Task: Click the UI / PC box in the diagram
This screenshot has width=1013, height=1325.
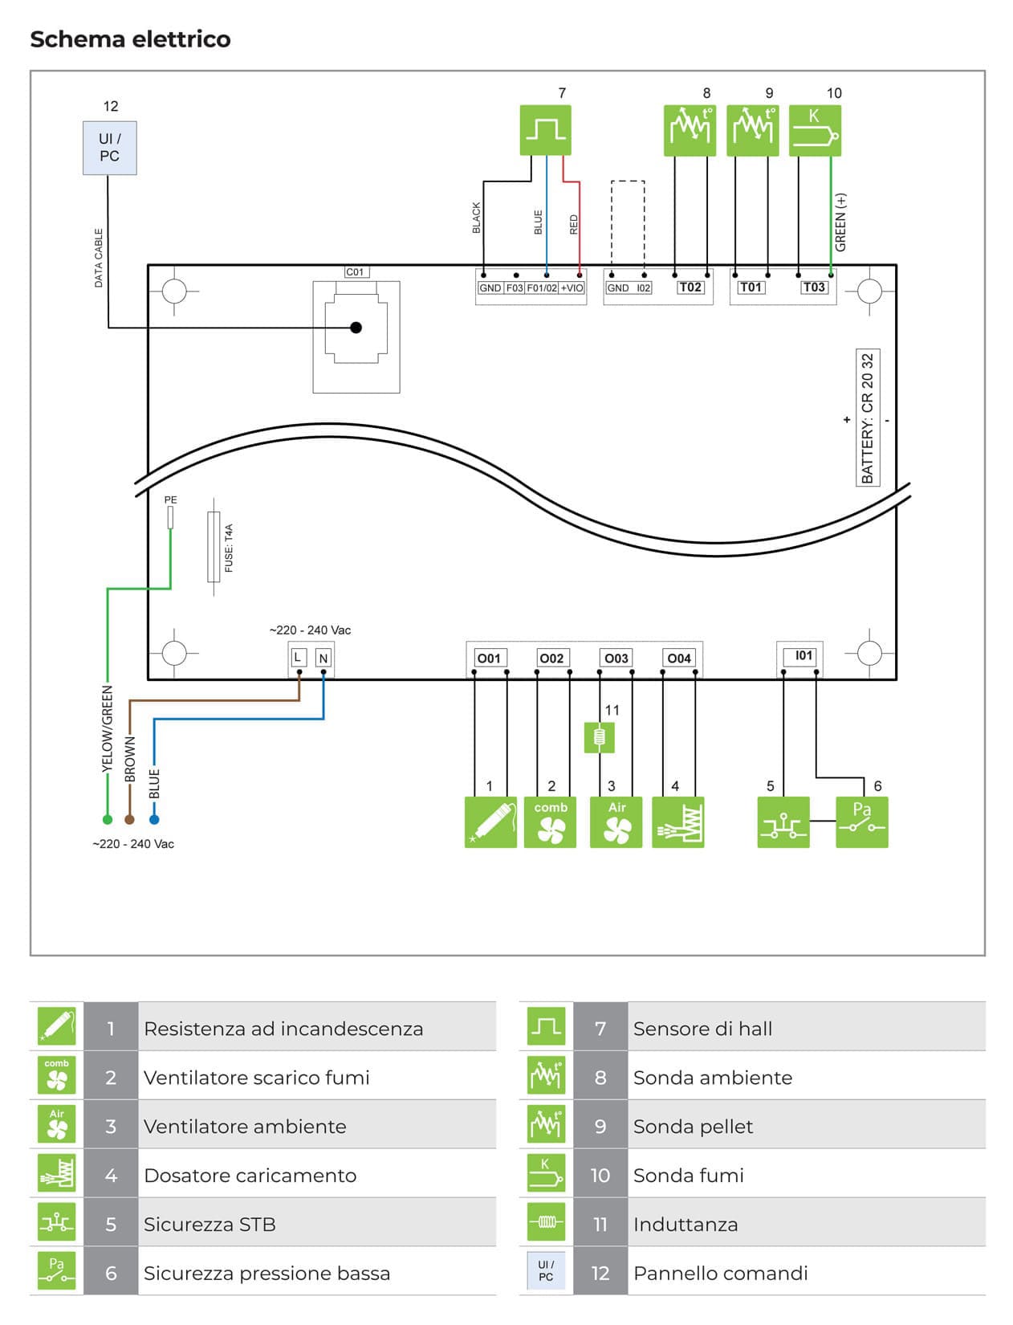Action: pyautogui.click(x=110, y=148)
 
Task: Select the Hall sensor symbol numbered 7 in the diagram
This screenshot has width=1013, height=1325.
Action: pyautogui.click(x=546, y=130)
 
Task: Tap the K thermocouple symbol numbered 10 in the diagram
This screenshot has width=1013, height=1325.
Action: pyautogui.click(x=815, y=130)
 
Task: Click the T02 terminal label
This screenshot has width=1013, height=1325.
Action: pyautogui.click(x=690, y=287)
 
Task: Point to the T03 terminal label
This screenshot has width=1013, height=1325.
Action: pyautogui.click(x=814, y=287)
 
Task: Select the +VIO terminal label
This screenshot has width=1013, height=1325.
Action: pyautogui.click(x=572, y=288)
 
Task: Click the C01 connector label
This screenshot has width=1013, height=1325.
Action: pyautogui.click(x=355, y=272)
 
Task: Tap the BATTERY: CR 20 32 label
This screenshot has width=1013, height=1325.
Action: pyautogui.click(x=868, y=418)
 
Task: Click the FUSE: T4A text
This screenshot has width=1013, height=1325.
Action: pyautogui.click(x=229, y=548)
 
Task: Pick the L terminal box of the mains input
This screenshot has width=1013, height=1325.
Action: pyautogui.click(x=298, y=658)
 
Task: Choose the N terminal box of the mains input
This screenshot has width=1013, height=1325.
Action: pyautogui.click(x=323, y=658)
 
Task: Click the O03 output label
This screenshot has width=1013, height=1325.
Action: pyautogui.click(x=616, y=658)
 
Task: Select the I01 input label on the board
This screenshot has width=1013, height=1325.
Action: pyautogui.click(x=803, y=656)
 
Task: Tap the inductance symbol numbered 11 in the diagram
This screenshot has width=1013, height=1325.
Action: pyautogui.click(x=599, y=737)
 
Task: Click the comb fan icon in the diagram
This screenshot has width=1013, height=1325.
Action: pyautogui.click(x=550, y=822)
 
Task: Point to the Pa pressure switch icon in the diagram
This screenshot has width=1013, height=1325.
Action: pyautogui.click(x=861, y=822)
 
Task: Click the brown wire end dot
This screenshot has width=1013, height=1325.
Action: pyautogui.click(x=130, y=820)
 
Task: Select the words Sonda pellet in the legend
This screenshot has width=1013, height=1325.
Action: pyautogui.click(x=693, y=1127)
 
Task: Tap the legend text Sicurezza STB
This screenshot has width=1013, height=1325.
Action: pyautogui.click(x=210, y=1225)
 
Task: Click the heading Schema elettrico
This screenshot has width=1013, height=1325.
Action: pyautogui.click(x=130, y=39)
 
